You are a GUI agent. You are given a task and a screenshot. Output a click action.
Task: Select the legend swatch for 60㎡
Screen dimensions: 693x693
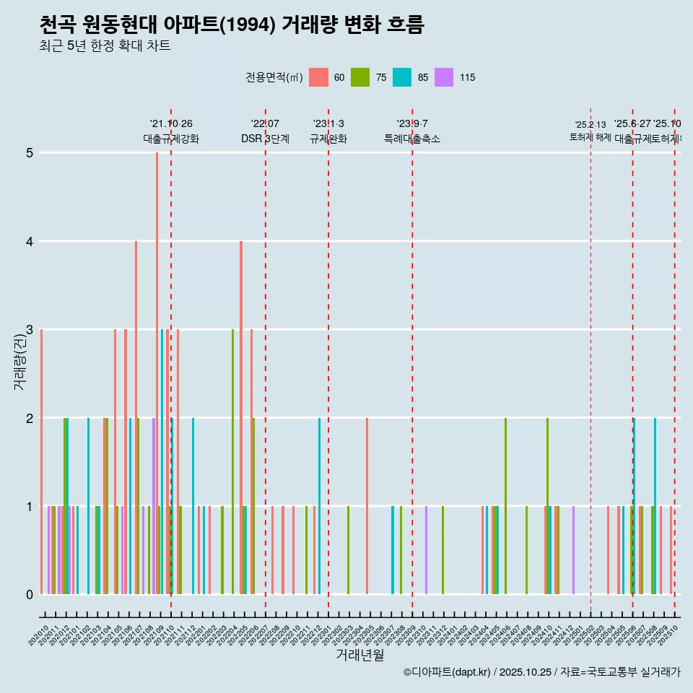click(x=318, y=77)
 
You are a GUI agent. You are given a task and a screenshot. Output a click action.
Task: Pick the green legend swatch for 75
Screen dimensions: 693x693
click(x=360, y=77)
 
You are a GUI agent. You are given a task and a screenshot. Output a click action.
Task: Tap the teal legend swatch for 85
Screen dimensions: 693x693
click(x=402, y=77)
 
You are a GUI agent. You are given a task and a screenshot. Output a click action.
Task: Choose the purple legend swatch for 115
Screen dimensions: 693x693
click(x=444, y=77)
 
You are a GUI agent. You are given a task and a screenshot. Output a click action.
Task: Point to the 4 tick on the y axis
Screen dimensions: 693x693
click(x=30, y=241)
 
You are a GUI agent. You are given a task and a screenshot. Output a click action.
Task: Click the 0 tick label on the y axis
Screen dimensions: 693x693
click(x=30, y=594)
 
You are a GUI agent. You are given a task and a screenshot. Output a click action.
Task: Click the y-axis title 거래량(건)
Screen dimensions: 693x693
click(x=19, y=361)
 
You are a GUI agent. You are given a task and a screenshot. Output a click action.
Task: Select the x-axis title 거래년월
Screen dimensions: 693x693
click(x=359, y=655)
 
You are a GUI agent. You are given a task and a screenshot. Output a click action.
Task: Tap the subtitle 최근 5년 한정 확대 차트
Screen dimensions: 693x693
click(x=105, y=47)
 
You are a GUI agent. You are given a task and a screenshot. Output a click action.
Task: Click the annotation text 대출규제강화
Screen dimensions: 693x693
click(x=171, y=139)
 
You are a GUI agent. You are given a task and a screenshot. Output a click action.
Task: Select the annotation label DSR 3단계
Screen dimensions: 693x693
click(x=266, y=139)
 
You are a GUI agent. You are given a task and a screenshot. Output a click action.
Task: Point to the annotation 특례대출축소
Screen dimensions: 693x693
click(x=412, y=139)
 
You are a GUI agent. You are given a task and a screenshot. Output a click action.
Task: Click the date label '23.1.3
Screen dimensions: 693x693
click(x=328, y=124)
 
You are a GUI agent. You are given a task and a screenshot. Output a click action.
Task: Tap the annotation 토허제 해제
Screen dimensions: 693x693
click(x=590, y=137)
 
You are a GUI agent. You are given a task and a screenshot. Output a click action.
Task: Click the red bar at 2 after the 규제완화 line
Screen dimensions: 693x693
click(x=367, y=505)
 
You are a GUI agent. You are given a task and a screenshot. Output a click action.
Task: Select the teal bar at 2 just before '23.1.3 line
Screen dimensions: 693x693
click(x=319, y=505)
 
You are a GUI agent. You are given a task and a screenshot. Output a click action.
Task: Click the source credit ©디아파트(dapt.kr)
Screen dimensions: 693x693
click(x=447, y=672)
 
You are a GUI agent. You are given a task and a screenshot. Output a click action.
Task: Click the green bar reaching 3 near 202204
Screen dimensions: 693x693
click(x=232, y=462)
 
